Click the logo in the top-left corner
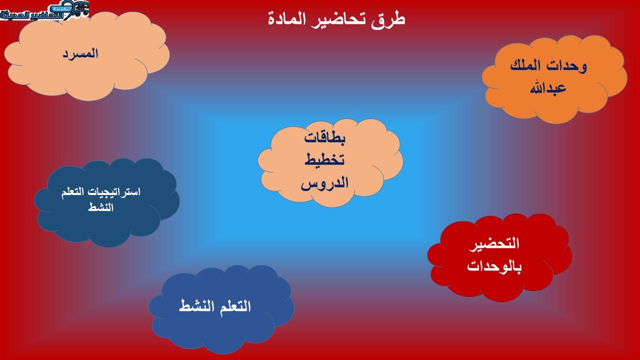[44, 11]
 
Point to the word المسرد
[80, 53]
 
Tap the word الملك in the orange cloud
[525, 65]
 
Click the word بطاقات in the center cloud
[324, 138]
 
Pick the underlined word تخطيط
[324, 159]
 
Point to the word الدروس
[324, 183]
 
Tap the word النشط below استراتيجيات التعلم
[100, 207]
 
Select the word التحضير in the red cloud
[494, 243]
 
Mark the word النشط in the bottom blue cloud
[196, 306]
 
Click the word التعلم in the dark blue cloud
[75, 192]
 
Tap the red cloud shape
[500, 257]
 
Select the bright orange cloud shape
[554, 79]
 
